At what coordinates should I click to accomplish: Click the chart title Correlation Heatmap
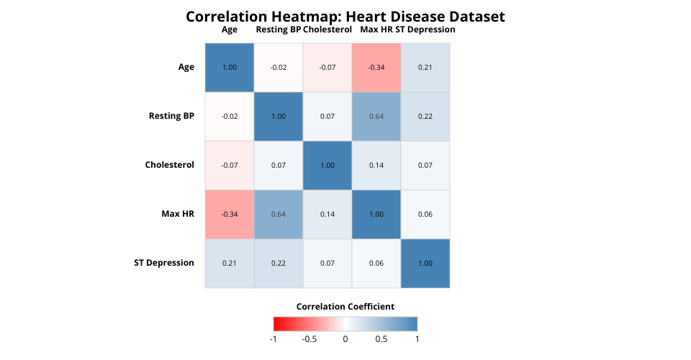[345, 17]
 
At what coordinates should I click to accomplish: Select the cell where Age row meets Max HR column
[376, 68]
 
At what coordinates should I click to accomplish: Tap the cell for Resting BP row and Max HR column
[376, 117]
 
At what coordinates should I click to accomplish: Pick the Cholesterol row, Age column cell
[230, 166]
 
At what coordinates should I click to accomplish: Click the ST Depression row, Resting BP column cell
[279, 264]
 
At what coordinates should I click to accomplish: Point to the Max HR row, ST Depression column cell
[425, 215]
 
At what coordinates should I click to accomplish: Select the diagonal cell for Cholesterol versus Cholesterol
[328, 166]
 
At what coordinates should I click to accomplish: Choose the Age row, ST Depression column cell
[425, 68]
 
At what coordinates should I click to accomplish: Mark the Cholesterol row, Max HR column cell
[376, 166]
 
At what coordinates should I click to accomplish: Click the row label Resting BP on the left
[171, 116]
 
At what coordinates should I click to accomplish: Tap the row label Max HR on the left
[178, 214]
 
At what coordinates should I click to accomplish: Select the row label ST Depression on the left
[164, 263]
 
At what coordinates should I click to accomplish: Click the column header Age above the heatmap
[230, 30]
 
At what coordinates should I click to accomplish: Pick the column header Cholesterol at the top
[328, 30]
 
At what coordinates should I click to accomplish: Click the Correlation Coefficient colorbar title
[345, 307]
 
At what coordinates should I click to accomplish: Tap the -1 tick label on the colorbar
[273, 338]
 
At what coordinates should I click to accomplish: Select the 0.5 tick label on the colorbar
[381, 338]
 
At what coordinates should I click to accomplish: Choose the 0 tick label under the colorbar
[345, 338]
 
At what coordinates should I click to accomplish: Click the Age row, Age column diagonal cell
[230, 68]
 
